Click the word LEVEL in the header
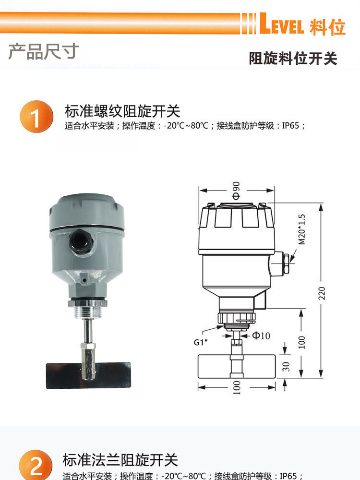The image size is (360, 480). pos(282,25)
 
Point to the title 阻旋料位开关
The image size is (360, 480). pos(293,59)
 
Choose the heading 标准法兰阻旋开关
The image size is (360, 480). pos(120,459)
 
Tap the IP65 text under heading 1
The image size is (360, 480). pos(290,126)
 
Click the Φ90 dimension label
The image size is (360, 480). pos(236,190)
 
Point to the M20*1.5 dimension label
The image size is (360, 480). pos(301,229)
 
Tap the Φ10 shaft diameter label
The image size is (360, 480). pos(261,336)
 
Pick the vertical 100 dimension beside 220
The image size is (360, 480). pos(302,342)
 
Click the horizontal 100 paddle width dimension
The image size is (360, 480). pos(236,387)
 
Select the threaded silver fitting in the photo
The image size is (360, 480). pos(88,310)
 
